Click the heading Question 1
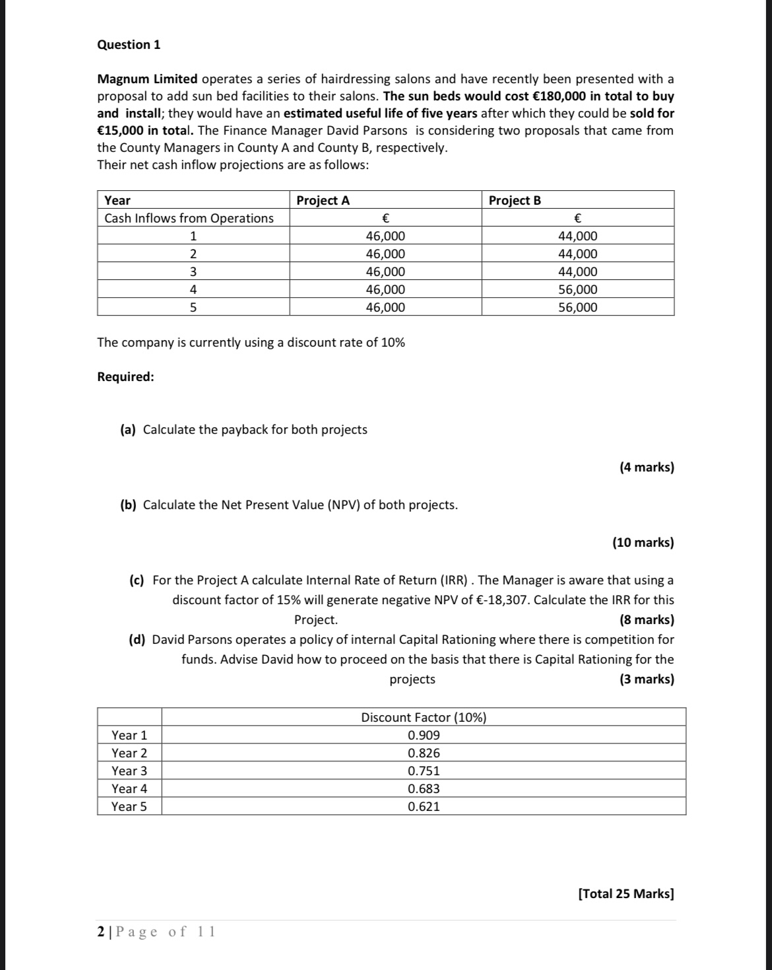click(129, 45)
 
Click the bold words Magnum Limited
click(147, 79)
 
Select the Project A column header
click(323, 201)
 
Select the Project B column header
click(515, 201)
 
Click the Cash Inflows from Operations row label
click(189, 219)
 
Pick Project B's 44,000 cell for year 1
click(577, 236)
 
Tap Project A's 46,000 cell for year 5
click(385, 308)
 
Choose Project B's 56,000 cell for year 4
click(577, 290)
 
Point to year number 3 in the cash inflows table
click(193, 272)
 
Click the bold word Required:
click(125, 377)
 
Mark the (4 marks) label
click(647, 468)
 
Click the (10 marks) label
click(643, 543)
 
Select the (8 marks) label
click(647, 620)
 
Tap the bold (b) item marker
click(128, 505)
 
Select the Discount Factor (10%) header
click(424, 718)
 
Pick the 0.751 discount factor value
click(424, 771)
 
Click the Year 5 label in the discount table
click(129, 807)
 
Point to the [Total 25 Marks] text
click(626, 894)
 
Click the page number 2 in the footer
click(101, 932)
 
